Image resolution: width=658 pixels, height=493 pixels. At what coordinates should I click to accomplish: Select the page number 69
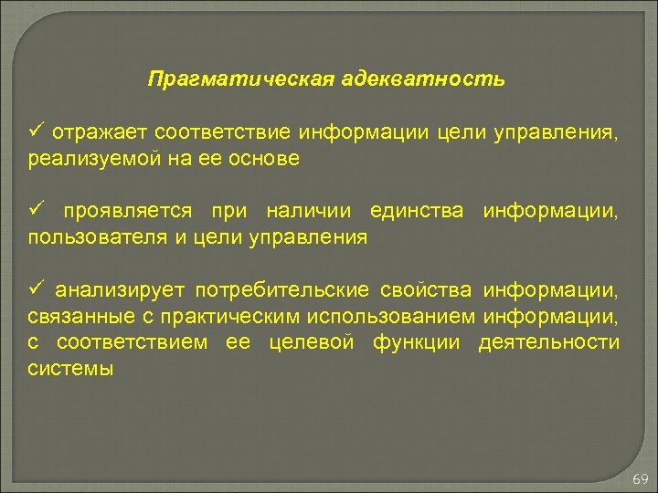640,479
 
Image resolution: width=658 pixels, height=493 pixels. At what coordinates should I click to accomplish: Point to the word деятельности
550,342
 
